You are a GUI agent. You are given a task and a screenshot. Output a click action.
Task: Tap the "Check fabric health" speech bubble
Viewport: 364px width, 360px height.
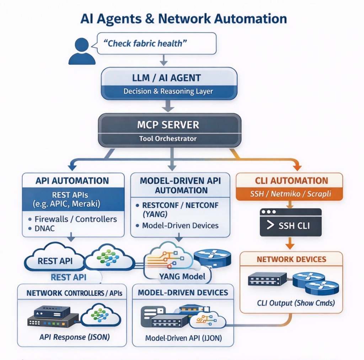click(x=156, y=43)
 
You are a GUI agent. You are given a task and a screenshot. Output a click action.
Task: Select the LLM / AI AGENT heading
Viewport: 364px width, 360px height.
click(x=169, y=78)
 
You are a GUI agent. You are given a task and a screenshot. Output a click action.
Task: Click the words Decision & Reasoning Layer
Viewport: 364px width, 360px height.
click(x=168, y=91)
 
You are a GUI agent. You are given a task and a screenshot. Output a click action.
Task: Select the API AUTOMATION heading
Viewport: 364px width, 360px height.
click(x=72, y=181)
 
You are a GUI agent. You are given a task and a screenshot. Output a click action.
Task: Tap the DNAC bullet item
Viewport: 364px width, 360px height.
click(x=45, y=229)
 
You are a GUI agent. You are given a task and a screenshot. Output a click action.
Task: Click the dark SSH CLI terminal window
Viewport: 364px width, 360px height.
click(x=290, y=223)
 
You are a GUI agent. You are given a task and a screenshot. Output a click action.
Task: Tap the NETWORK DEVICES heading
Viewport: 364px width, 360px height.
click(x=291, y=259)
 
